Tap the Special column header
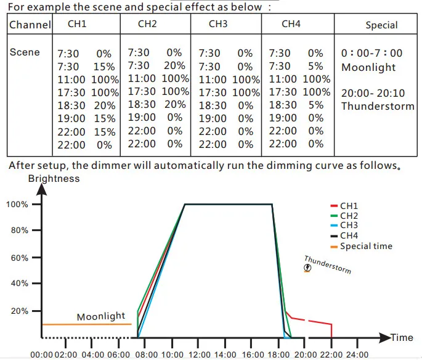click(x=381, y=25)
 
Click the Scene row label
click(x=25, y=52)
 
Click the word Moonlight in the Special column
click(x=368, y=67)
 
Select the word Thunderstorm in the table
click(x=377, y=106)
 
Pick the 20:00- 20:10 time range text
click(x=373, y=92)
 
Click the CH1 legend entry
click(x=348, y=206)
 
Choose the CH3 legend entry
click(x=348, y=226)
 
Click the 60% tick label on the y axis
click(x=18, y=258)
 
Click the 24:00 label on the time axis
click(x=357, y=355)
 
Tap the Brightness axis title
click(x=54, y=178)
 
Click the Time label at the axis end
click(x=402, y=338)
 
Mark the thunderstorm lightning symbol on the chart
click(x=307, y=268)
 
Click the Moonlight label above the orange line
click(x=101, y=317)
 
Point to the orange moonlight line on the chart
click(x=86, y=324)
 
